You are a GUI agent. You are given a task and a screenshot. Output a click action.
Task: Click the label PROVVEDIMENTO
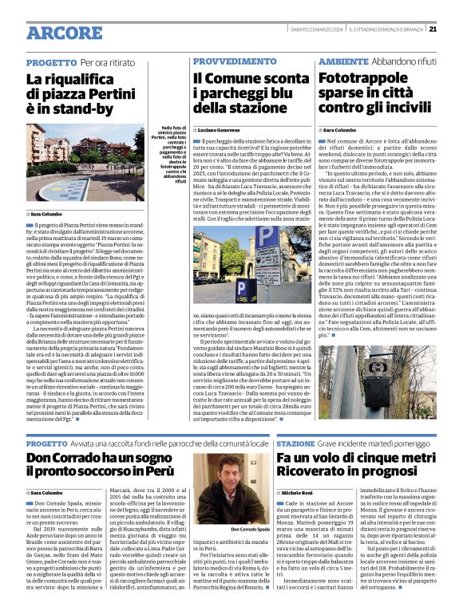[x=227, y=61]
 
